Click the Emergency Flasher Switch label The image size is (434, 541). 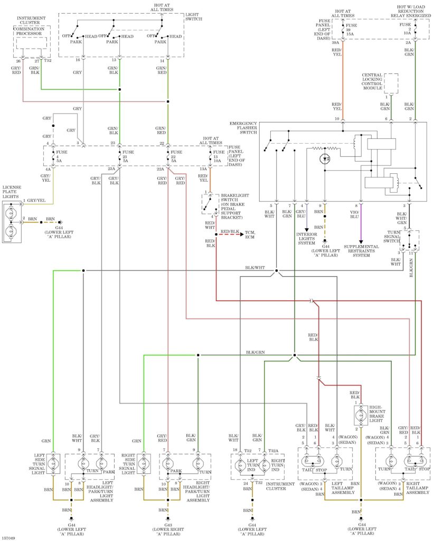click(x=243, y=128)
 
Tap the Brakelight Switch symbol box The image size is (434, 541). click(x=210, y=204)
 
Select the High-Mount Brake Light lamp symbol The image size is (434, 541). click(x=361, y=415)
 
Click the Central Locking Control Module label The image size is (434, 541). click(x=372, y=81)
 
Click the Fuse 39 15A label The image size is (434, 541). click(x=351, y=30)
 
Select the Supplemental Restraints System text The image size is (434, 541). click(x=361, y=251)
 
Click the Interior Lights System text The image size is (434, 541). click(x=306, y=238)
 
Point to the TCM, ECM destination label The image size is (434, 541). click(x=250, y=235)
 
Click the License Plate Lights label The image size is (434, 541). click(x=12, y=192)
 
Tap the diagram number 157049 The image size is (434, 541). click(x=8, y=538)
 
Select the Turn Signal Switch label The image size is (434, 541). click(x=392, y=236)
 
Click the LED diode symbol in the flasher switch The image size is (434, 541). click(x=325, y=159)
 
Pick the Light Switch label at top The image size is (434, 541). click(x=194, y=16)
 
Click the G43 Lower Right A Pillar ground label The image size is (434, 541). click(x=168, y=529)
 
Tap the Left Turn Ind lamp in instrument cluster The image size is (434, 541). click(x=240, y=465)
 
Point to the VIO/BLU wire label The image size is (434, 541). click(x=354, y=214)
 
